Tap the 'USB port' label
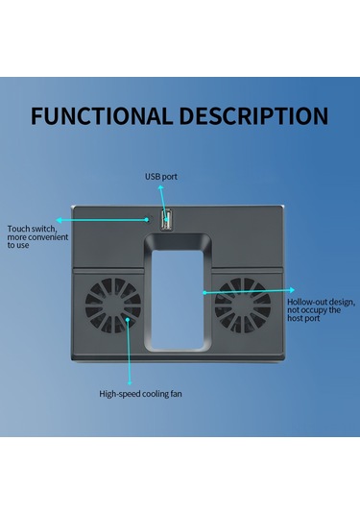click(x=161, y=177)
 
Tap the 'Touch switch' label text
click(x=30, y=229)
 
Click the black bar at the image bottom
click(x=180, y=476)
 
